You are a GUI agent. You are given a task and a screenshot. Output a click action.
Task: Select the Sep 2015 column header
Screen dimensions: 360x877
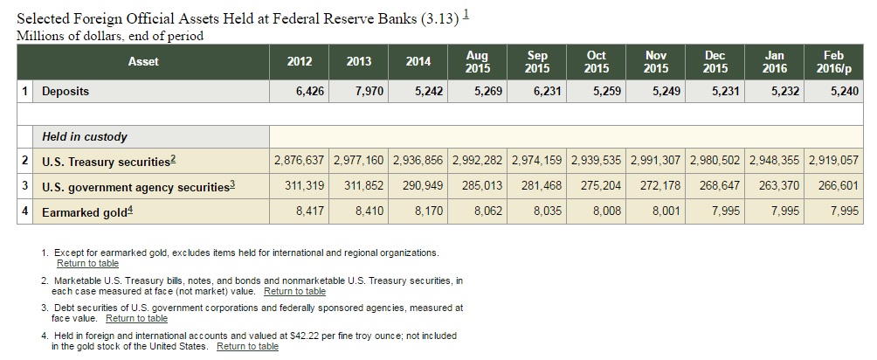tap(537, 61)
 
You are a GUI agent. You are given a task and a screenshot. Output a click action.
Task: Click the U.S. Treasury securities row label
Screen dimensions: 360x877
tap(108, 162)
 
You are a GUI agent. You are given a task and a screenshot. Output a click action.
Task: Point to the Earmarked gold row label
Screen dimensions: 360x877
tap(84, 211)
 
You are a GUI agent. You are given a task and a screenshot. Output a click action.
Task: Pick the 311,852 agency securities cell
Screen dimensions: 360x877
tap(358, 186)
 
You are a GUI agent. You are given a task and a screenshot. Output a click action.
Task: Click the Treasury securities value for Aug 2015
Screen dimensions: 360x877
tap(477, 162)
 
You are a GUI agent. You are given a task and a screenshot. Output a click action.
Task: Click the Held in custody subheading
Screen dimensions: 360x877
tap(85, 136)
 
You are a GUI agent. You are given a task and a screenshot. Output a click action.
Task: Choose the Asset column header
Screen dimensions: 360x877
tap(143, 61)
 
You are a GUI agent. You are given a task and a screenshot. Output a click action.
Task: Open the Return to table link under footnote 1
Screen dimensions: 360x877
tap(87, 263)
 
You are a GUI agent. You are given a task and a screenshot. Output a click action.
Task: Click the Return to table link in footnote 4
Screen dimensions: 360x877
tap(247, 346)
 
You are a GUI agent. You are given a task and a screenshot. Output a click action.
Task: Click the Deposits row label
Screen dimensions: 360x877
tap(66, 91)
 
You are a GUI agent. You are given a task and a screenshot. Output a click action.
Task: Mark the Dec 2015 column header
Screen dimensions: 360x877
tap(715, 61)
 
